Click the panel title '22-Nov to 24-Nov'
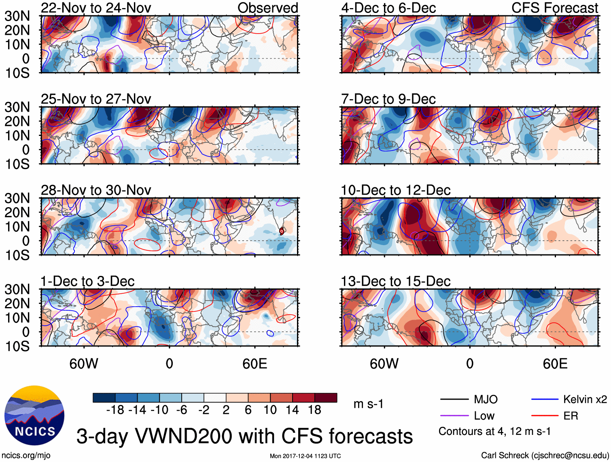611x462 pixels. point(96,8)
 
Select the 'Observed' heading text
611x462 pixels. point(267,8)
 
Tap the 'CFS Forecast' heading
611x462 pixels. point(555,8)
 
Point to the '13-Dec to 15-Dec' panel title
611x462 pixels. point(395,281)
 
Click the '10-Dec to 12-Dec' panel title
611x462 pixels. point(395,190)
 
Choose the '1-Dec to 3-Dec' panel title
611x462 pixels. point(87,281)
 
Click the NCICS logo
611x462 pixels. point(34,415)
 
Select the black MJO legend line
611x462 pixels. point(454,400)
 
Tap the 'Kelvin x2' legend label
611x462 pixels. point(585,400)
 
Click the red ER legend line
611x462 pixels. point(545,416)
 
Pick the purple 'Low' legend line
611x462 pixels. point(454,416)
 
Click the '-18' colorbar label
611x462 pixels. point(115,410)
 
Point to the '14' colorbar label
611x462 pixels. point(292,410)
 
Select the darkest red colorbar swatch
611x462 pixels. point(326,398)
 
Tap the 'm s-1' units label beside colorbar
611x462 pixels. point(368,404)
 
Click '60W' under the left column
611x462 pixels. point(84,364)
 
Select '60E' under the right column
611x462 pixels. point(555,364)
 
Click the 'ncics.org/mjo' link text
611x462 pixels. point(26,456)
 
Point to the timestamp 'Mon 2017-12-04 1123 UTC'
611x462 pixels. point(305,456)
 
